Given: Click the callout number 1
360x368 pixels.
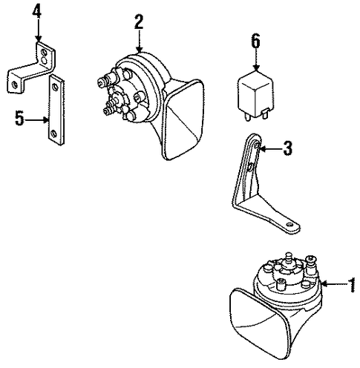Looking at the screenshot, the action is tap(352, 285).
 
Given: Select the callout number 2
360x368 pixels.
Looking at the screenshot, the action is tap(139, 22).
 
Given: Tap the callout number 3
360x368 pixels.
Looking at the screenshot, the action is tap(287, 148).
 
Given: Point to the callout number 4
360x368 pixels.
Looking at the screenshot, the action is tap(36, 11).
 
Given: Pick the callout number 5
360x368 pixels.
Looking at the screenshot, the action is tap(19, 118).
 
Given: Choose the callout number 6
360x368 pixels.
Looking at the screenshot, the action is tap(256, 41).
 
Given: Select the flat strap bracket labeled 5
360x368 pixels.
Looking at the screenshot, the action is tap(56, 110).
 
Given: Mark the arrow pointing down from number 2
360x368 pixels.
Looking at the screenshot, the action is tap(140, 41).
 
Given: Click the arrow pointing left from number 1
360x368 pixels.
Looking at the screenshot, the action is tap(333, 284).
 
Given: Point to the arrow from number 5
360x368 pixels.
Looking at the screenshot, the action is tap(36, 120).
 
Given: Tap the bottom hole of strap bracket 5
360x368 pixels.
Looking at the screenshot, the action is tap(53, 134).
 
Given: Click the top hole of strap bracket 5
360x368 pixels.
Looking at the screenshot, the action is tap(55, 86).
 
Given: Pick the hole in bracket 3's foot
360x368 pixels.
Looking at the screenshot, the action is tap(289, 225).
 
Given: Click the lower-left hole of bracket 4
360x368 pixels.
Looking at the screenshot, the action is tap(15, 85).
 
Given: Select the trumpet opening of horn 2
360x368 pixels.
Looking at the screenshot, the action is tap(184, 121).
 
